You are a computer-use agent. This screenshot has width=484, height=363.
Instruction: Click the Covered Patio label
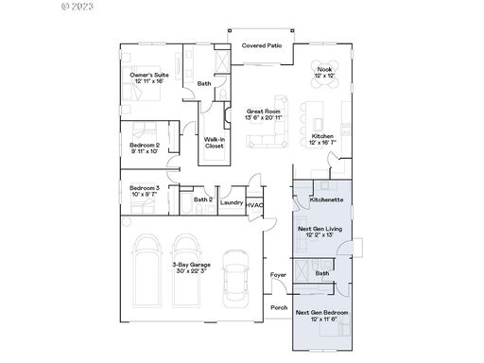click(x=262, y=45)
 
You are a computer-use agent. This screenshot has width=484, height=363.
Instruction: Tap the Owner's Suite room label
click(x=149, y=75)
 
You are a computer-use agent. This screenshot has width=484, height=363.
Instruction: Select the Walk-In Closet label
click(x=215, y=143)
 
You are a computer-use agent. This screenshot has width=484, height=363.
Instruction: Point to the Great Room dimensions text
click(x=264, y=117)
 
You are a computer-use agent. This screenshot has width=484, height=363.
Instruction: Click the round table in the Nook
click(x=325, y=74)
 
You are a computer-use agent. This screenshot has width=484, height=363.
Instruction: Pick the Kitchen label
click(x=322, y=136)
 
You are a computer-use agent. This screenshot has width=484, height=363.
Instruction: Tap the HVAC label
click(x=254, y=205)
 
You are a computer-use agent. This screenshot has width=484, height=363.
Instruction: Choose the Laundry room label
click(x=232, y=202)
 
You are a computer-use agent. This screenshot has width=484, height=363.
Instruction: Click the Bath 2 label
click(x=203, y=199)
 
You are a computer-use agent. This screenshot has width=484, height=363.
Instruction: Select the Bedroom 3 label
click(x=145, y=188)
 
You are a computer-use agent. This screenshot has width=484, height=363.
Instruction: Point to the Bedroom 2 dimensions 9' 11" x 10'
click(x=145, y=151)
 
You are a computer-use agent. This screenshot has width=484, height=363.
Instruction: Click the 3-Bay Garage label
click(x=191, y=265)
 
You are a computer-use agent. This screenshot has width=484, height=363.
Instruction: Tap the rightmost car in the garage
click(x=235, y=279)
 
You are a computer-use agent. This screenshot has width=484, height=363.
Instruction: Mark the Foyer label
click(x=278, y=275)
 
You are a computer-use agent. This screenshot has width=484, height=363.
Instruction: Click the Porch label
click(x=279, y=307)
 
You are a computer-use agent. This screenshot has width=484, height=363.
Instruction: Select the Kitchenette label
click(x=326, y=199)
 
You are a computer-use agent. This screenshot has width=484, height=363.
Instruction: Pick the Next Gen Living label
click(x=320, y=229)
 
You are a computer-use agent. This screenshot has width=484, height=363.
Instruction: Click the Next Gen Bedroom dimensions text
click(x=324, y=319)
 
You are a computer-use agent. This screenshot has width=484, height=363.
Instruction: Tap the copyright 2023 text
click(x=78, y=6)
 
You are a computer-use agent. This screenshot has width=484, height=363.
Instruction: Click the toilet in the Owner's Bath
click(x=222, y=94)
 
